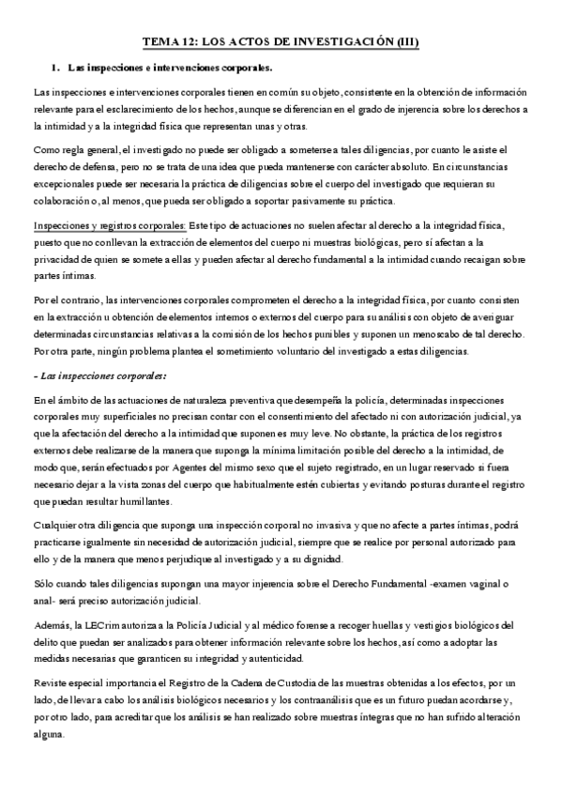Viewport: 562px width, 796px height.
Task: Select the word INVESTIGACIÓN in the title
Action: click(334, 42)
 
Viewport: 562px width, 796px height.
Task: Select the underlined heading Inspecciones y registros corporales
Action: click(110, 226)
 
